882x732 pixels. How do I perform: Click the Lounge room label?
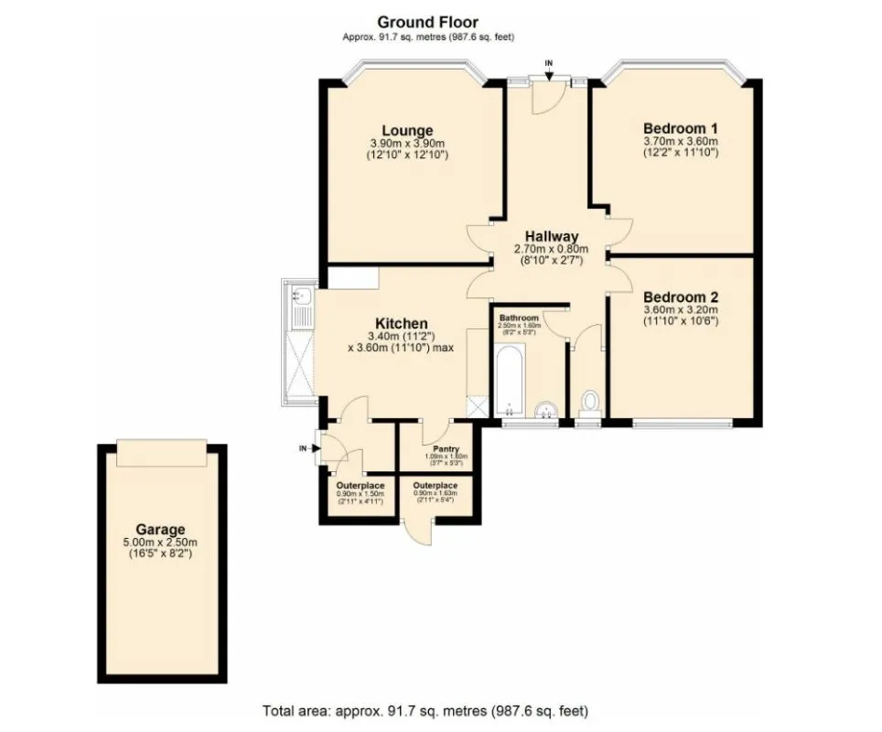[x=407, y=130]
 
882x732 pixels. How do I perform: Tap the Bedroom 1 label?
[x=680, y=127]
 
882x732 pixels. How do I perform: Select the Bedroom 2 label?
[x=680, y=297]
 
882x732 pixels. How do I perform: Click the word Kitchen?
[x=401, y=323]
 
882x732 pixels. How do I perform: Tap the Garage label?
[x=160, y=529]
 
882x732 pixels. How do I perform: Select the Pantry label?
[x=446, y=449]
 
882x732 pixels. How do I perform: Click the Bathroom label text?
[x=519, y=317]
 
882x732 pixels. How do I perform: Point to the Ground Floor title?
[x=427, y=22]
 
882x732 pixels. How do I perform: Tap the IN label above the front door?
[x=549, y=62]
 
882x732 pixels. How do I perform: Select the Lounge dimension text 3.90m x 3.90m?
[x=407, y=144]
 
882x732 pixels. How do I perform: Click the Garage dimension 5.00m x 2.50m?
[x=160, y=542]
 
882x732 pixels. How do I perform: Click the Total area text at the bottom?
[x=432, y=710]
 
